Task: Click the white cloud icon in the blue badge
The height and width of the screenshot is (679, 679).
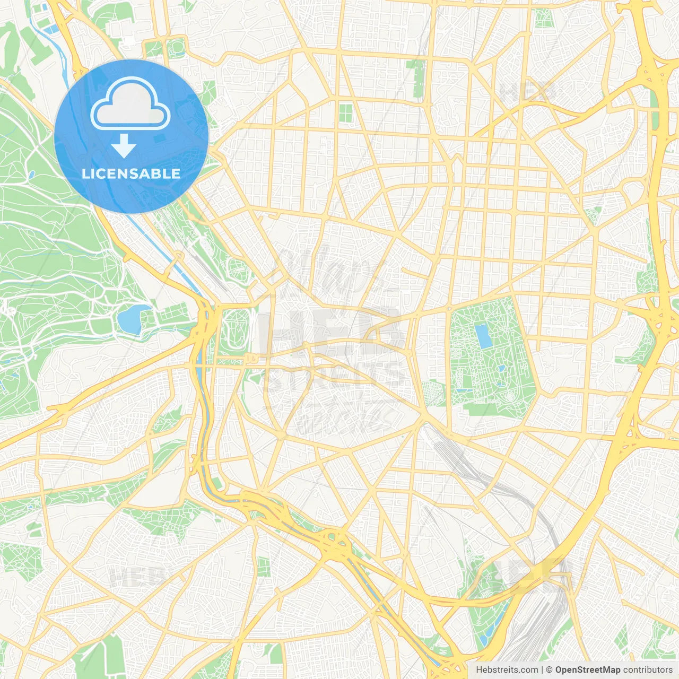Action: [130, 104]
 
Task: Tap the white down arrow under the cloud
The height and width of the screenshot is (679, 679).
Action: [124, 146]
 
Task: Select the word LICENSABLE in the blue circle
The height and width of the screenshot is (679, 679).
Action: [131, 174]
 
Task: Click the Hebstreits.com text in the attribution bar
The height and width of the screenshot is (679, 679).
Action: [507, 670]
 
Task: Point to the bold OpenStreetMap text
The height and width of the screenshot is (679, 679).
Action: [587, 670]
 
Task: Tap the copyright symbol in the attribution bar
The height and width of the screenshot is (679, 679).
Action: [549, 670]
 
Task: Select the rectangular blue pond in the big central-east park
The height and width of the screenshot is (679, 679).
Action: [483, 336]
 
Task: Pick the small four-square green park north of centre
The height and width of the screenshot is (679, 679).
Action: [345, 112]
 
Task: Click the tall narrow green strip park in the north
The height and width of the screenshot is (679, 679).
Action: [417, 77]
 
